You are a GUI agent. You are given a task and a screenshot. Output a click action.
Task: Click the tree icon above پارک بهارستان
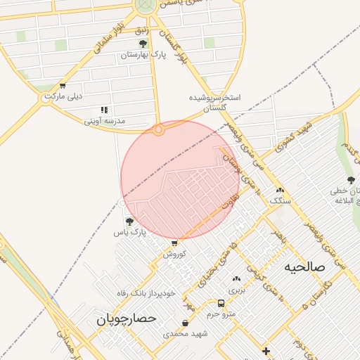coord(143,44)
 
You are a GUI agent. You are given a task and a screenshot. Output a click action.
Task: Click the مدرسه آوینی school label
coord(105,121)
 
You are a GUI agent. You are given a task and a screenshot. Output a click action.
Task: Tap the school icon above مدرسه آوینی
coord(105,110)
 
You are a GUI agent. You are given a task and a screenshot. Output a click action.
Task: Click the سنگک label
coord(280,200)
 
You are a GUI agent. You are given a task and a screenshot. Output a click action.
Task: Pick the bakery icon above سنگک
coord(280,190)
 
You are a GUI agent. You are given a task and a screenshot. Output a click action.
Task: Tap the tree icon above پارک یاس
coord(129,221)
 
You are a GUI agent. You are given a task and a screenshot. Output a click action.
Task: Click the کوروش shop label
coord(174,254)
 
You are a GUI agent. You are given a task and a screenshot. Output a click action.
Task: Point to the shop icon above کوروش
coord(174,243)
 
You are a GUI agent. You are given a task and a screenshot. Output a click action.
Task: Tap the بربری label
coord(236,290)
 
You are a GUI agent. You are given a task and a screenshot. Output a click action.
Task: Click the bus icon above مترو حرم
coord(221,304)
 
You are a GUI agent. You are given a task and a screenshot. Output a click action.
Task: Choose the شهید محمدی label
coord(186,333)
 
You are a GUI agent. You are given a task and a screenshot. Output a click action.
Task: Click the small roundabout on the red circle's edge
coord(159,129)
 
